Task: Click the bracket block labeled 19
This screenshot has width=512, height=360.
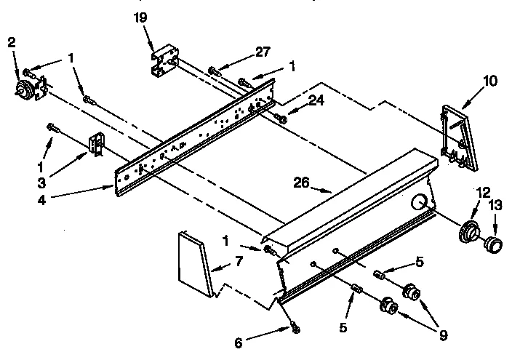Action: pos(165,60)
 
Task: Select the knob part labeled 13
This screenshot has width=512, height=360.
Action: pos(494,243)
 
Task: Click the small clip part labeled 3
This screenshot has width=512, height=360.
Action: pos(95,143)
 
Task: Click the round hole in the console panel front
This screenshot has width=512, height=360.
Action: pos(419,201)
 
